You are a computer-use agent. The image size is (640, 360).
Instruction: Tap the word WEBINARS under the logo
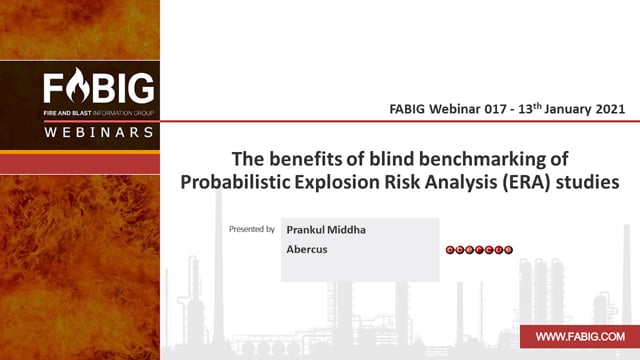(99, 132)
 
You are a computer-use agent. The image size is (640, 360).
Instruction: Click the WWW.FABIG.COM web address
(580, 337)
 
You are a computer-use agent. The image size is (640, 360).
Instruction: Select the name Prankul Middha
(326, 230)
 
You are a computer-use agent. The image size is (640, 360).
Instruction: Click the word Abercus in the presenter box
(307, 249)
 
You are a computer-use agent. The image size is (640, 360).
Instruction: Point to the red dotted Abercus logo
(479, 250)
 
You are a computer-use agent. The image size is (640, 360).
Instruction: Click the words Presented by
(251, 229)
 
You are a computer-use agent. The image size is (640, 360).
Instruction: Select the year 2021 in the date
(610, 109)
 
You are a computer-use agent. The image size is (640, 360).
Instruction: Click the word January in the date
(568, 109)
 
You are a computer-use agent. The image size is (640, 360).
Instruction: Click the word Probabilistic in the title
(235, 182)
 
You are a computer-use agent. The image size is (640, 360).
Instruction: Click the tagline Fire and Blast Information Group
(99, 113)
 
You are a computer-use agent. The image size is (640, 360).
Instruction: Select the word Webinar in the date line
(454, 109)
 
